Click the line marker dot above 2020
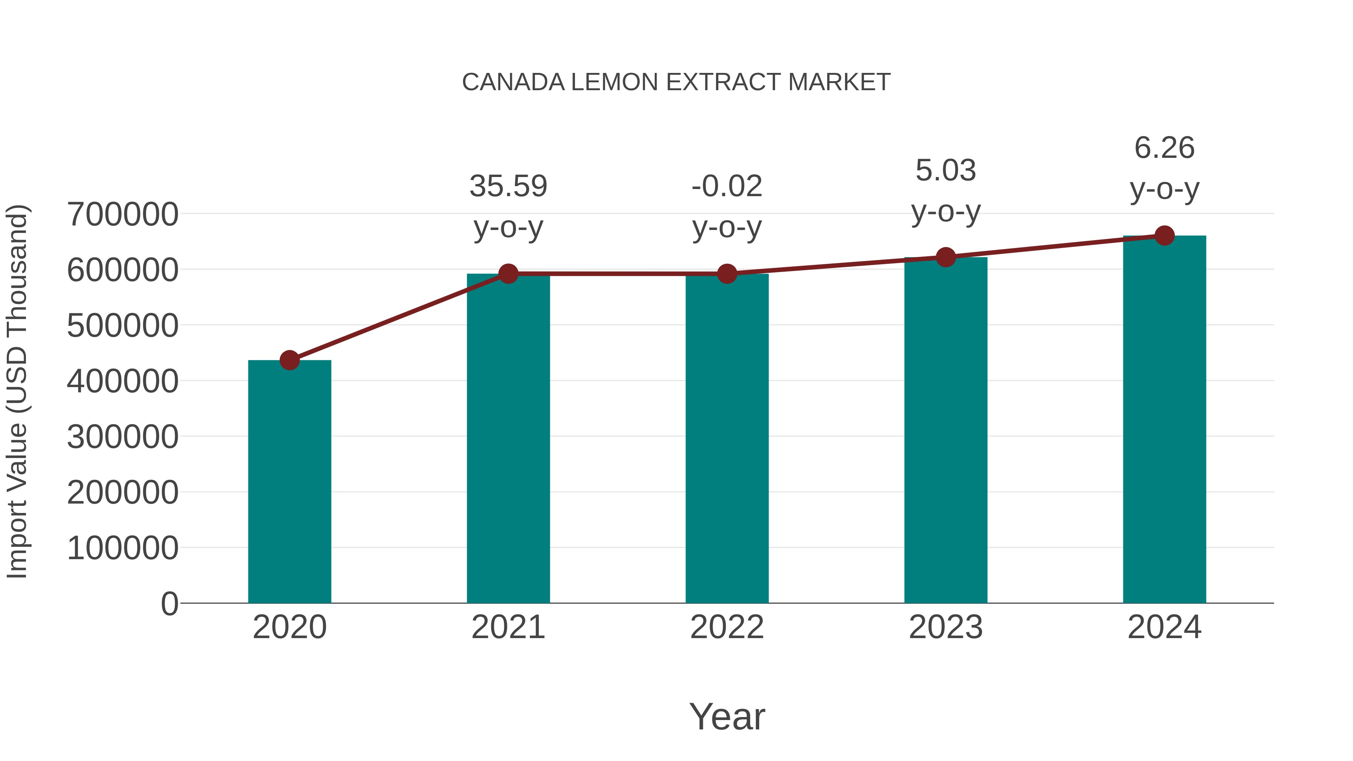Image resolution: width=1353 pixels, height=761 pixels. point(289,360)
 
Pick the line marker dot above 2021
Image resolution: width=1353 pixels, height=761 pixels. point(508,274)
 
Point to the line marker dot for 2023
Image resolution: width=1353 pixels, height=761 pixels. point(946,257)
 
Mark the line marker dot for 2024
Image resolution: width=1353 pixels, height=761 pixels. point(1164,236)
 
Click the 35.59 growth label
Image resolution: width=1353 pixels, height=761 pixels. point(508,186)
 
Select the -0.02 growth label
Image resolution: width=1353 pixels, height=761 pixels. point(727,186)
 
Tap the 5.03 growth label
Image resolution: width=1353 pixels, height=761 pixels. point(946,170)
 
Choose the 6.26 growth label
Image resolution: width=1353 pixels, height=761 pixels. point(1164,148)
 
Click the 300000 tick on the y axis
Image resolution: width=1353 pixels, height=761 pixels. point(123,437)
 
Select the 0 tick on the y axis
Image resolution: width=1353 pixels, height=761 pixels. point(169,604)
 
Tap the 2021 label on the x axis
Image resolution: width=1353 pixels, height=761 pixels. point(508,627)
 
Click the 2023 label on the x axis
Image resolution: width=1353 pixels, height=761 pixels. point(946,627)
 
